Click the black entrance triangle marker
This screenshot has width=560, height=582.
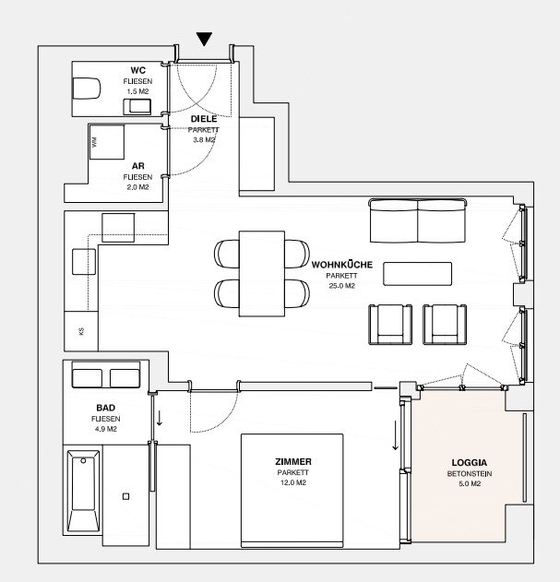pyautogui.click(x=204, y=39)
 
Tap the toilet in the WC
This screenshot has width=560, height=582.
pyautogui.click(x=87, y=89)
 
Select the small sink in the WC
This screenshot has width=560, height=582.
pyautogui.click(x=137, y=106)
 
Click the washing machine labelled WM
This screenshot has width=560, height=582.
pyautogui.click(x=107, y=142)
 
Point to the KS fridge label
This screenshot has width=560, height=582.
pyautogui.click(x=81, y=331)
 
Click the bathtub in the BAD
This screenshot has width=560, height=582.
pyautogui.click(x=83, y=491)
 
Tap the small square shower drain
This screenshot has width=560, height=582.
pyautogui.click(x=125, y=496)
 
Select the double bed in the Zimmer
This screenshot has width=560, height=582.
pyautogui.click(x=292, y=491)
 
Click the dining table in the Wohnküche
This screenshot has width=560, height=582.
pyautogui.click(x=262, y=274)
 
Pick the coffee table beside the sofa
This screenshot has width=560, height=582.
pyautogui.click(x=417, y=274)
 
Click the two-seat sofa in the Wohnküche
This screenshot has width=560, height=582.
pyautogui.click(x=418, y=220)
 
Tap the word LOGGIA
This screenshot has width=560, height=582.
pyautogui.click(x=470, y=462)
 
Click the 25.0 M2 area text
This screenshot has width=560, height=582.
pyautogui.click(x=341, y=286)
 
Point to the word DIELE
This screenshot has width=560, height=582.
pyautogui.click(x=204, y=119)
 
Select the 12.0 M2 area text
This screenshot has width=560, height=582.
pyautogui.click(x=293, y=482)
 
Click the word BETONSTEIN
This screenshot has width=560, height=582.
pyautogui.click(x=470, y=473)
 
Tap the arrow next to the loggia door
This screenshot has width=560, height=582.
pyautogui.click(x=396, y=435)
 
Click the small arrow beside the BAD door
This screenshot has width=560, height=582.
pyautogui.click(x=160, y=418)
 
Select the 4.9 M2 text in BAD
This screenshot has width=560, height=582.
pyautogui.click(x=106, y=429)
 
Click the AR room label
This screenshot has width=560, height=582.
pyautogui.click(x=137, y=166)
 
